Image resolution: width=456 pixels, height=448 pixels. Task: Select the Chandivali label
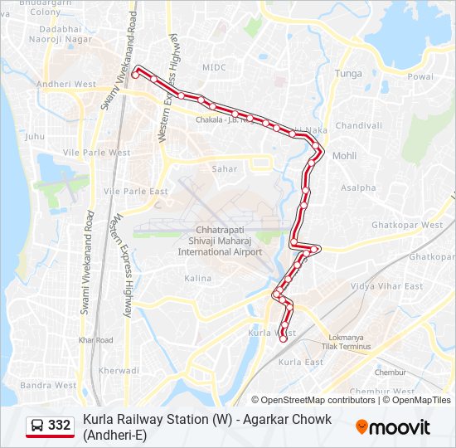tap(359, 125)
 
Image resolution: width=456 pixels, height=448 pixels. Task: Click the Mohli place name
tap(344, 156)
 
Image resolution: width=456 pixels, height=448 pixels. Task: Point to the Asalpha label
tap(357, 187)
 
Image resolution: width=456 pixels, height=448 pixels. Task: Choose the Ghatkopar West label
tap(407, 225)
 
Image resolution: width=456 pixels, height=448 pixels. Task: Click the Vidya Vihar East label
tap(386, 286)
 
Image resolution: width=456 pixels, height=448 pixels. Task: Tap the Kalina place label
tap(197, 278)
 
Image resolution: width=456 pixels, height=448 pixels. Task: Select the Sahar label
tap(224, 168)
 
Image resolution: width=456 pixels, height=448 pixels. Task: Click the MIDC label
tap(214, 67)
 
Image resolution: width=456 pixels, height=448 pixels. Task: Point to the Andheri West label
tap(66, 84)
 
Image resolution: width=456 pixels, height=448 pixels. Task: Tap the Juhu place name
tap(35, 135)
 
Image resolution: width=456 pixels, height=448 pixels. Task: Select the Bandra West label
tap(48, 385)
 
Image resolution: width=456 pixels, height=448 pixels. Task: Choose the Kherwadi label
tap(119, 370)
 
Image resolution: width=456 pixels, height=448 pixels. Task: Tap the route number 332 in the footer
tap(60, 426)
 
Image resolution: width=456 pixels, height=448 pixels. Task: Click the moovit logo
tap(393, 427)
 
